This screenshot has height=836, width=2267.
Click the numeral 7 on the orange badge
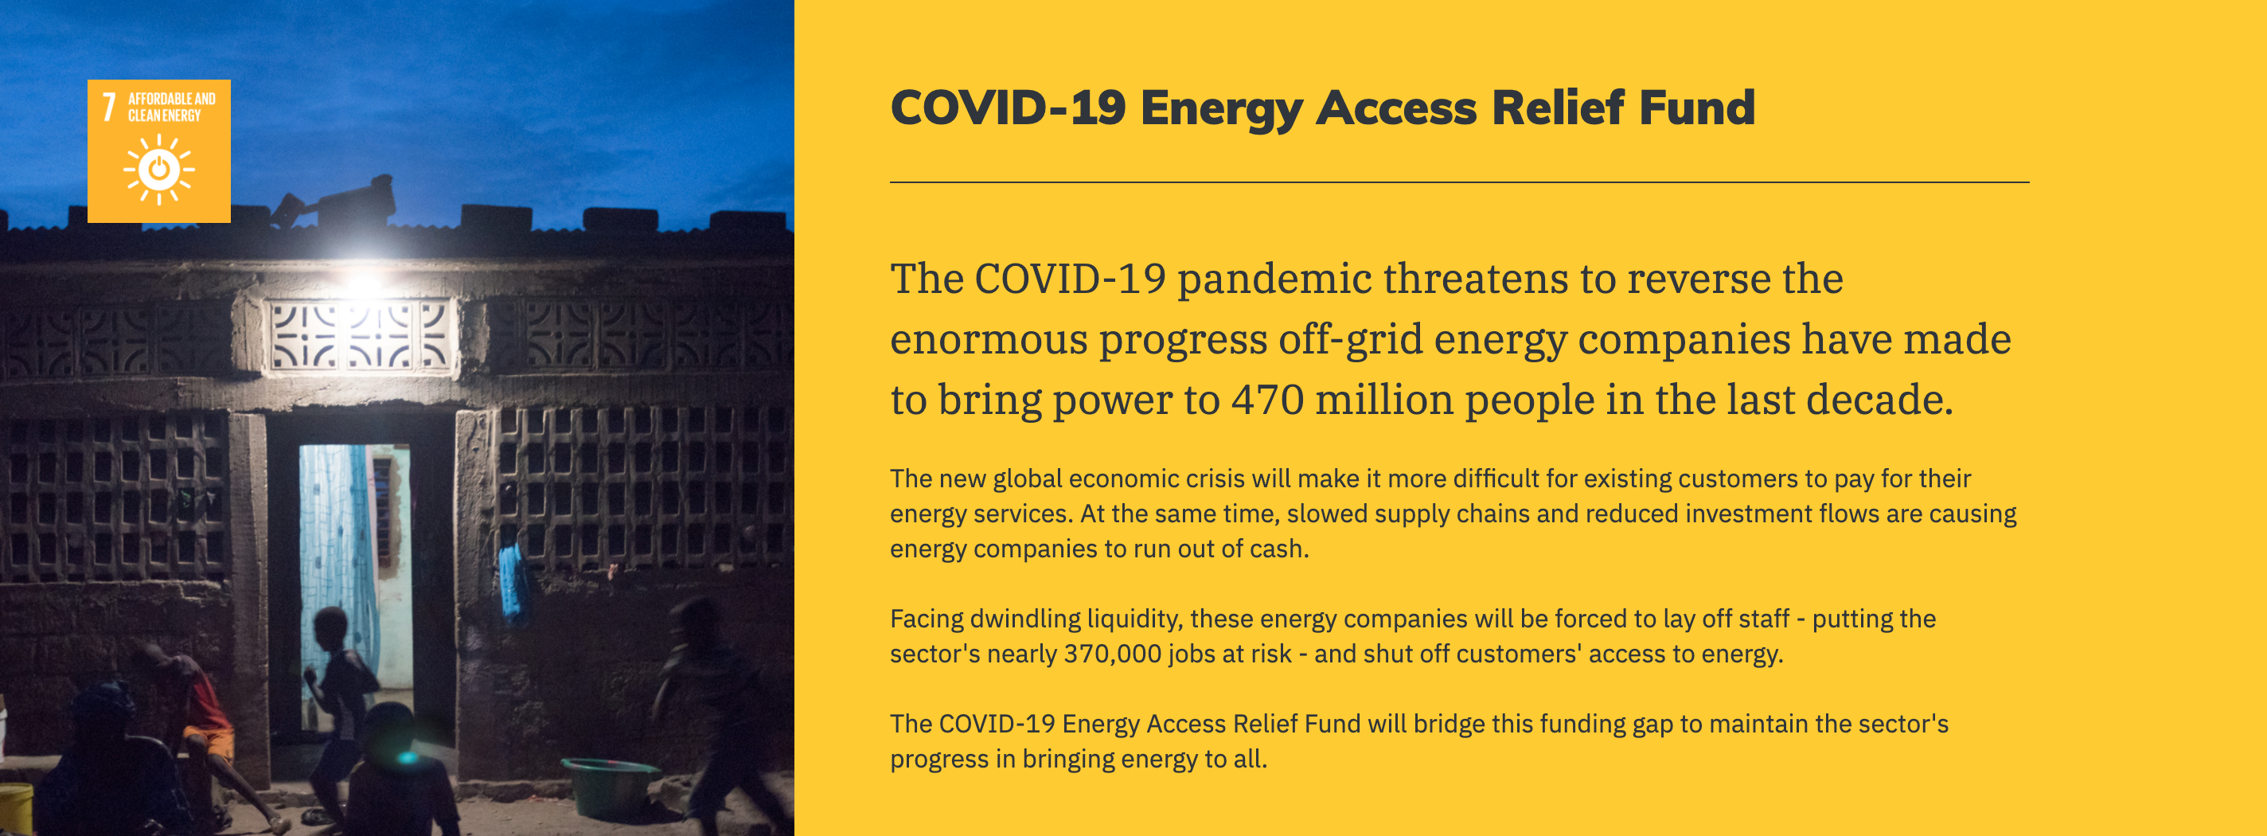pyautogui.click(x=109, y=106)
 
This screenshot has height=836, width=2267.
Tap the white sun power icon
pyautogui.click(x=159, y=169)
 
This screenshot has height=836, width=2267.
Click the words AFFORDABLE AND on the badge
pyautogui.click(x=172, y=99)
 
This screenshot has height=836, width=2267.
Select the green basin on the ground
pyautogui.click(x=610, y=786)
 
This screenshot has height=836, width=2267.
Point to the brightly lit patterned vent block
pyautogui.click(x=361, y=336)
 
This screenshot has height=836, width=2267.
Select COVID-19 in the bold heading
pyautogui.click(x=1009, y=107)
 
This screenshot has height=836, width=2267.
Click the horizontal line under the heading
pyautogui.click(x=1459, y=182)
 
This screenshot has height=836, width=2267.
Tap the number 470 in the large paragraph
pyautogui.click(x=1267, y=400)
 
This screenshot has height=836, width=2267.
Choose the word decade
pyautogui.click(x=1880, y=400)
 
